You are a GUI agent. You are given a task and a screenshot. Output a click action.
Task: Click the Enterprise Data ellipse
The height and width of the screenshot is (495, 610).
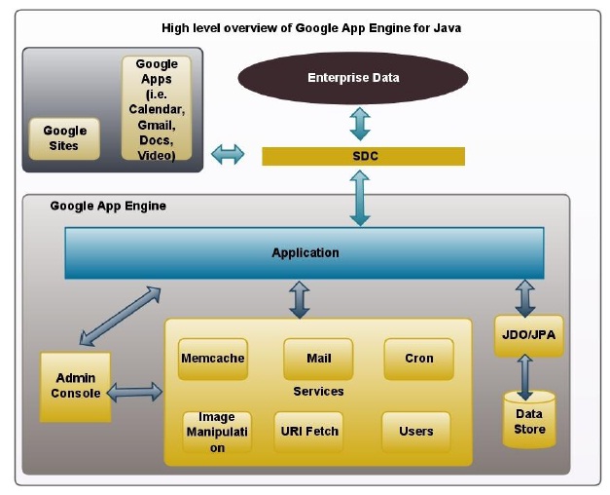(x=353, y=78)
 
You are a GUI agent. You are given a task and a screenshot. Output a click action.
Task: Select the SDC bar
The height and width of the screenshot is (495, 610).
(x=363, y=156)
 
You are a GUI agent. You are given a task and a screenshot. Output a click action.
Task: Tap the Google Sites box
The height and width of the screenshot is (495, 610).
(x=65, y=138)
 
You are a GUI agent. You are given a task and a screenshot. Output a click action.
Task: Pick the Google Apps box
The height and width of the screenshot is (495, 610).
(x=156, y=109)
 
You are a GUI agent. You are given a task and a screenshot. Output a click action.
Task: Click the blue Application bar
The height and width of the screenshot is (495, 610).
(x=305, y=252)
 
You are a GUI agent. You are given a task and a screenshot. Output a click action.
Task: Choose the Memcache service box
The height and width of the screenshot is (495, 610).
(x=212, y=359)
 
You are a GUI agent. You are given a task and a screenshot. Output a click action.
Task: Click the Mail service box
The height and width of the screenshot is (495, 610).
(x=318, y=359)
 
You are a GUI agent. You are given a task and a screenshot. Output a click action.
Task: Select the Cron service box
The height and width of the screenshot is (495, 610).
(x=418, y=359)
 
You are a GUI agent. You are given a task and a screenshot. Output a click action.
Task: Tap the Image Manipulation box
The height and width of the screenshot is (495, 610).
(x=217, y=432)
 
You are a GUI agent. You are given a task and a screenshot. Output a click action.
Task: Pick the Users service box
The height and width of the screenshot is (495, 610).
(x=416, y=431)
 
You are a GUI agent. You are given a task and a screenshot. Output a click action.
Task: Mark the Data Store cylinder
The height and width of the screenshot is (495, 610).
(x=529, y=420)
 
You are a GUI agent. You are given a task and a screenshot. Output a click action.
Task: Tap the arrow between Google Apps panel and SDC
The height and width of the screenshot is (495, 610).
(x=229, y=154)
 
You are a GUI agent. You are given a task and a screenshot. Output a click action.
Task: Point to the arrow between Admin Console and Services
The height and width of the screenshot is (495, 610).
(x=135, y=392)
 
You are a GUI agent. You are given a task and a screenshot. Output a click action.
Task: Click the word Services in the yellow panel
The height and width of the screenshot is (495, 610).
(x=318, y=392)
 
